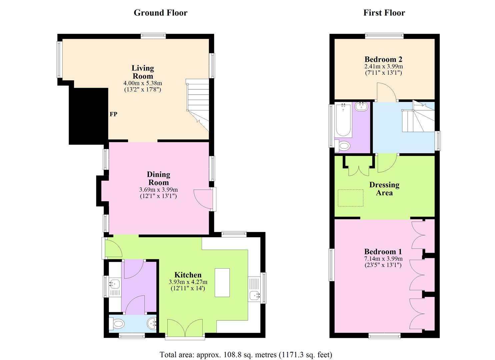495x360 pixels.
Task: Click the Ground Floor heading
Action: coord(160,13)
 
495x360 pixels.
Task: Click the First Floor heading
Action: coord(384,13)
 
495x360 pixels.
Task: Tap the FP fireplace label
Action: coord(113,114)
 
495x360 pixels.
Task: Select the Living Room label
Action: coord(143,72)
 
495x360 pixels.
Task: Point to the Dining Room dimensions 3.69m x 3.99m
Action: coord(158,190)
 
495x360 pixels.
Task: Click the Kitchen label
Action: coord(188,275)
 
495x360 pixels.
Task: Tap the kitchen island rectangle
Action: coord(222,282)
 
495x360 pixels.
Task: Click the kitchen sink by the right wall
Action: coord(255,295)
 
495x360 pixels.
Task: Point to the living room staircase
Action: coord(197,103)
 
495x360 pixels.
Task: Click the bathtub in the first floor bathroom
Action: coord(343,120)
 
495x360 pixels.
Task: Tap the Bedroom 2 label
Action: coord(383,59)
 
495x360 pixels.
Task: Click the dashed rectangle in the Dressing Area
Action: coord(351,198)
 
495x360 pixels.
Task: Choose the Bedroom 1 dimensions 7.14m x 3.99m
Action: coord(383,259)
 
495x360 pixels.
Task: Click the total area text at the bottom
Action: coord(246,354)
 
